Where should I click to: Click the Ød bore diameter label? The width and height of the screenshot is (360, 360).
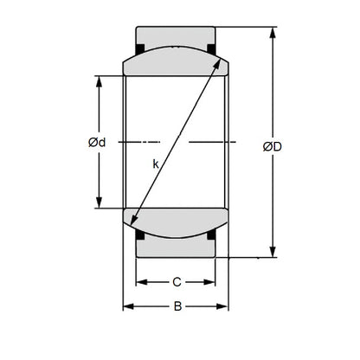pyautogui.click(x=96, y=143)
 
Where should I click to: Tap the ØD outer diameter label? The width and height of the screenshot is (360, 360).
pyautogui.click(x=272, y=146)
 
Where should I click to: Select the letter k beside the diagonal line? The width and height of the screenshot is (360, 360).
pyautogui.click(x=156, y=163)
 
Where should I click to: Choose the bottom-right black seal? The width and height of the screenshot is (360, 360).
pyautogui.click(x=213, y=232)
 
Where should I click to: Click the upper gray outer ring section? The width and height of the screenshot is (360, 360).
pyautogui.click(x=176, y=36)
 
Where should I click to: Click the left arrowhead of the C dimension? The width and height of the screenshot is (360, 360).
pyautogui.click(x=144, y=281)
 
